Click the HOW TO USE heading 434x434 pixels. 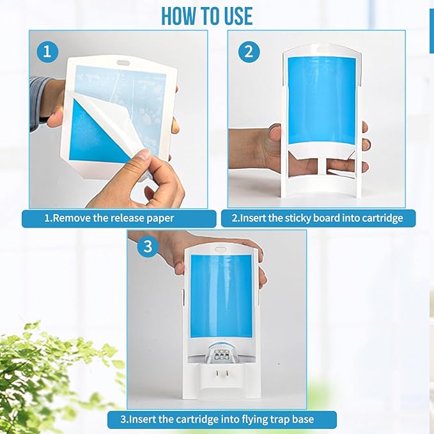pos(206,15)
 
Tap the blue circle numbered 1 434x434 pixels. pos(47,52)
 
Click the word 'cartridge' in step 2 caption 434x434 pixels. pos(380,218)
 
